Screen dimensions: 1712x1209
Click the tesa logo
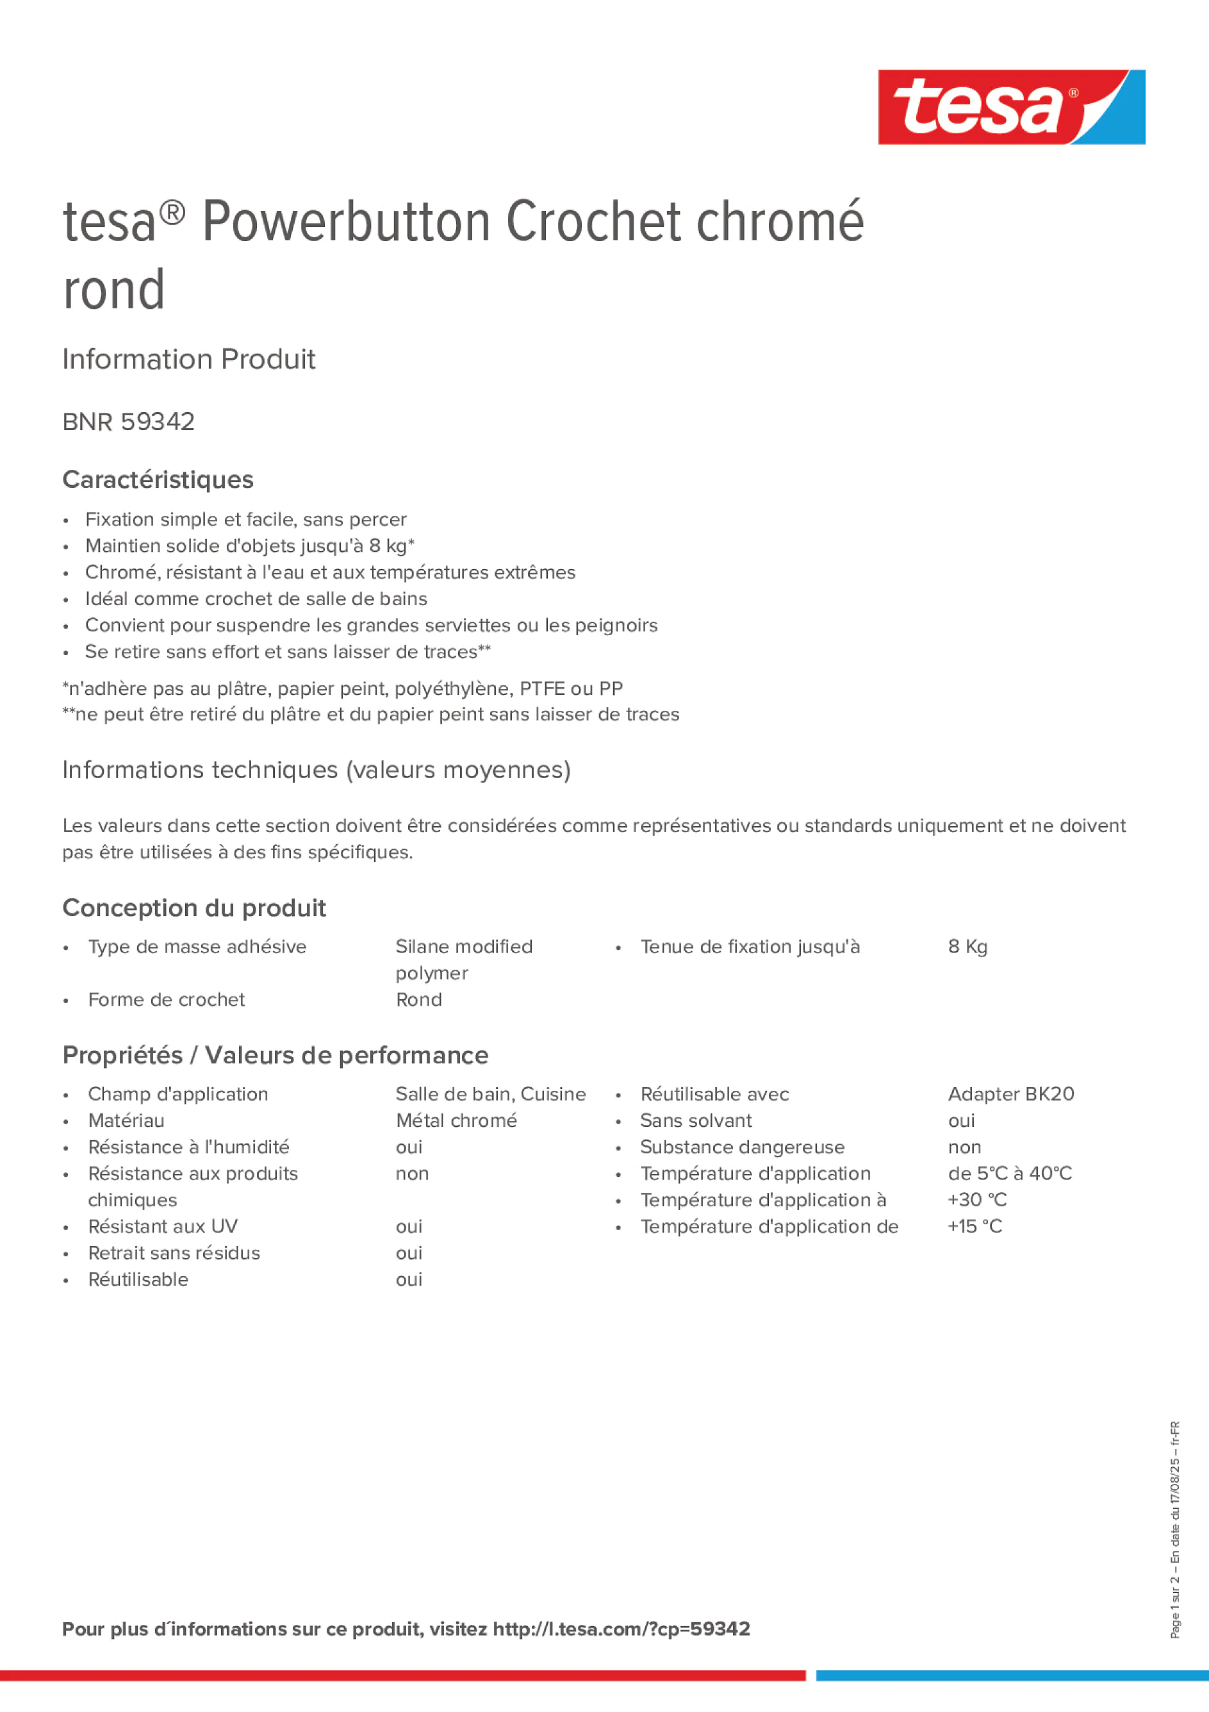(x=1011, y=108)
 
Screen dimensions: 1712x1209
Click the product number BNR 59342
(x=128, y=422)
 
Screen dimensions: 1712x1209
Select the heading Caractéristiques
(x=158, y=479)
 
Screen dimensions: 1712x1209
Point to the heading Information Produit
(x=188, y=360)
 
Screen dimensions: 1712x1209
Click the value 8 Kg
(x=967, y=947)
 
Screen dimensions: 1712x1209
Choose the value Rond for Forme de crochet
(x=418, y=1000)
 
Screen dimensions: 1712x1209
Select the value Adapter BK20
(x=1011, y=1094)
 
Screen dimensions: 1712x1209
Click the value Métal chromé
(x=456, y=1120)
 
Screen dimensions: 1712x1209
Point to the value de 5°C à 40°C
(x=1009, y=1174)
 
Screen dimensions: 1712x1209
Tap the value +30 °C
(x=976, y=1200)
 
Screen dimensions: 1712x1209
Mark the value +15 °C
(x=975, y=1227)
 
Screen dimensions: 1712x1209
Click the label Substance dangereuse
(x=742, y=1147)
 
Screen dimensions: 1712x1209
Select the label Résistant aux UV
(x=163, y=1227)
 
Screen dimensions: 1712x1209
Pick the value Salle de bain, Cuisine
(x=491, y=1094)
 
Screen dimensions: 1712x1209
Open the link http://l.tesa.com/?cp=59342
(x=621, y=1629)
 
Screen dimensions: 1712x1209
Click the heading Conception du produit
(x=193, y=908)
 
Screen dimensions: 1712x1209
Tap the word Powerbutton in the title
(x=346, y=222)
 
